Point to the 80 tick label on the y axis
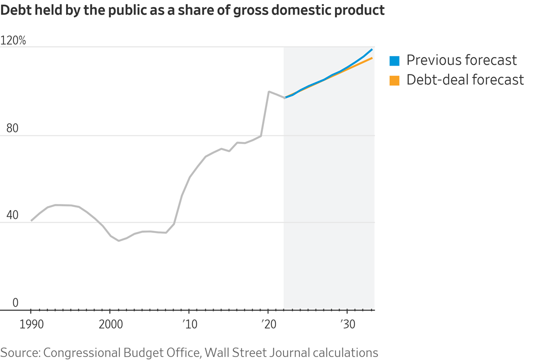click(x=12, y=128)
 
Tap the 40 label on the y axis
click(x=12, y=215)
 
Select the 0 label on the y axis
click(x=15, y=302)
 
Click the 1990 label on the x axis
click(x=30, y=324)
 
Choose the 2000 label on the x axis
click(x=110, y=324)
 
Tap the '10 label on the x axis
click(x=188, y=324)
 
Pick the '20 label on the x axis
click(x=268, y=324)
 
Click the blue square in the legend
click(x=394, y=61)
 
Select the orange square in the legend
click(x=394, y=80)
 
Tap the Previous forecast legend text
click(x=461, y=60)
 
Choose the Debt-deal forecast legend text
click(x=465, y=80)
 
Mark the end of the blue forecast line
click(x=372, y=49)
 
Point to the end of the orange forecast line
click(x=372, y=58)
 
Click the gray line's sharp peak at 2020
click(x=269, y=91)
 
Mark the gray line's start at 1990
click(x=31, y=220)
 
